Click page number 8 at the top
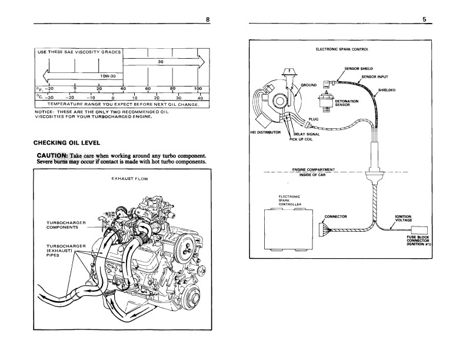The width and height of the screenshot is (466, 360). pyautogui.click(x=208, y=19)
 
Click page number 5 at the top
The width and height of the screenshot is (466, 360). pyautogui.click(x=424, y=19)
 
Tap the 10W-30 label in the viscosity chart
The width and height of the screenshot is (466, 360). pyautogui.click(x=108, y=76)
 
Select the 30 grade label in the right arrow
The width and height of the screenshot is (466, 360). pyautogui.click(x=161, y=62)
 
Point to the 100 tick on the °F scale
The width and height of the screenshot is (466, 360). pyautogui.click(x=198, y=88)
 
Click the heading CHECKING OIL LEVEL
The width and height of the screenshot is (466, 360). pyautogui.click(x=67, y=143)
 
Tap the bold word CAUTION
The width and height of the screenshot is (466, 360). pyautogui.click(x=52, y=156)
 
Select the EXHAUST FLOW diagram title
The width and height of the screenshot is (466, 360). pyautogui.click(x=129, y=179)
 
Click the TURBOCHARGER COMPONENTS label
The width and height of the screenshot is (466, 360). pyautogui.click(x=66, y=225)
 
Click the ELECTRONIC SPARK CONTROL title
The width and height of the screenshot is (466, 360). pyautogui.click(x=342, y=49)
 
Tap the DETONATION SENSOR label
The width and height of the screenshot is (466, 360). pyautogui.click(x=347, y=103)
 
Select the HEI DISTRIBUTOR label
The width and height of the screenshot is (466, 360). pyautogui.click(x=266, y=132)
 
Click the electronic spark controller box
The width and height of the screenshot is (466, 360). pyautogui.click(x=288, y=229)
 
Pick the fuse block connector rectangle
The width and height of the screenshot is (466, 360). pyautogui.click(x=420, y=230)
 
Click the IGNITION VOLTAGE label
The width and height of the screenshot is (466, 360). pyautogui.click(x=403, y=218)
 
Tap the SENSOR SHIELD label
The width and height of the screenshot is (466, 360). pyautogui.click(x=358, y=69)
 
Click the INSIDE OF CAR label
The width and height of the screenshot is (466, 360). pyautogui.click(x=312, y=175)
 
